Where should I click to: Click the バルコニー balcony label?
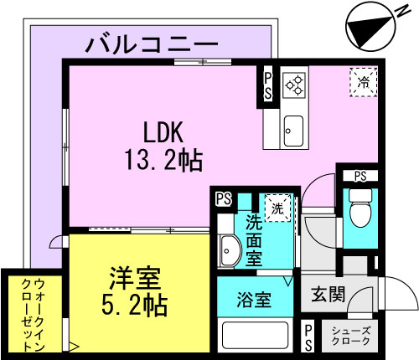click(152, 44)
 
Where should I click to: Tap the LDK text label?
click(163, 133)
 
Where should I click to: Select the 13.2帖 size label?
click(163, 160)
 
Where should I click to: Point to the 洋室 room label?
click(135, 279)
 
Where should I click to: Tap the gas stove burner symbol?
click(294, 85)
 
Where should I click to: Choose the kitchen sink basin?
click(293, 131)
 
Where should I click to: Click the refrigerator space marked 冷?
click(364, 82)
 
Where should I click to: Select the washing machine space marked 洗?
click(277, 208)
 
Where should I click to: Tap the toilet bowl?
click(360, 208)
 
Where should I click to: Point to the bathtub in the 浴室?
click(255, 335)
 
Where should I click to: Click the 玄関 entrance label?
click(328, 295)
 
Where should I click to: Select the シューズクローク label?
click(351, 336)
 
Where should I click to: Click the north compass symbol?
click(371, 28)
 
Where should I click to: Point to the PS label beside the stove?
click(268, 86)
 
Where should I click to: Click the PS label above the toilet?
click(360, 176)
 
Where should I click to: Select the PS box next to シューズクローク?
click(308, 337)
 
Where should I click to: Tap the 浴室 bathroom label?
click(254, 300)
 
